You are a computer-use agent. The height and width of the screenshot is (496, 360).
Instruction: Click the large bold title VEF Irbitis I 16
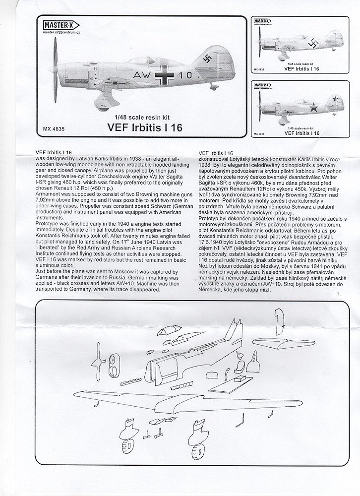(x=144, y=127)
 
